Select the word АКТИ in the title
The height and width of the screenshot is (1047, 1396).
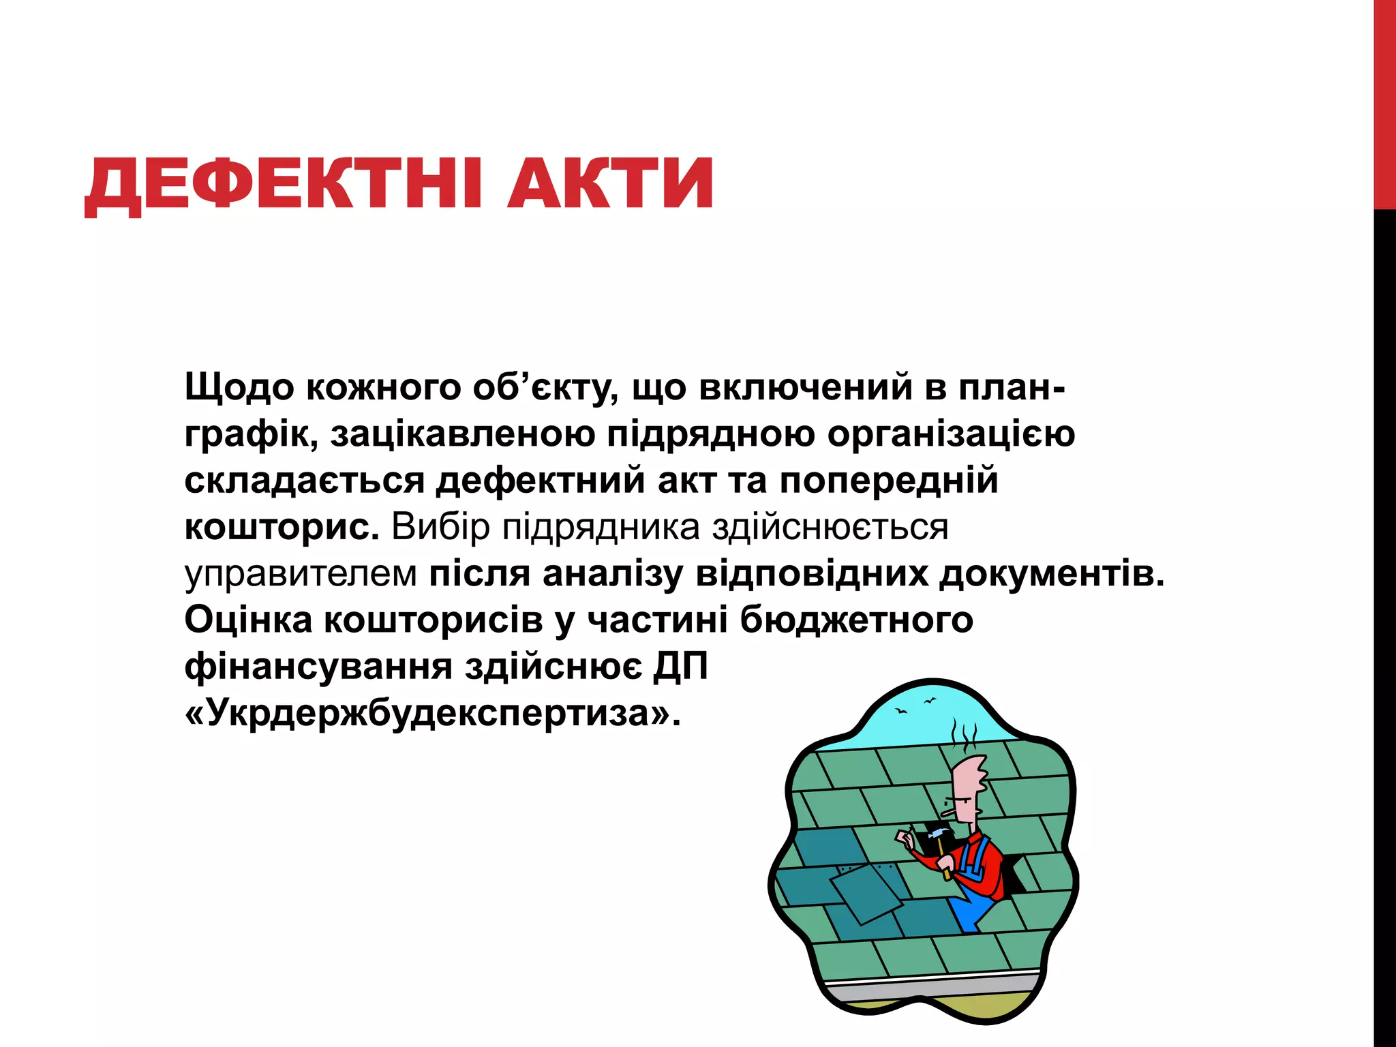coord(610,184)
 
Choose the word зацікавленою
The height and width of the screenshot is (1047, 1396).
coord(463,435)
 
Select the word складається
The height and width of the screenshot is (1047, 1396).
coord(304,481)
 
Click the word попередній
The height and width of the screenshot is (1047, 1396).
coord(889,481)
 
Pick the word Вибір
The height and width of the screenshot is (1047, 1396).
coord(440,527)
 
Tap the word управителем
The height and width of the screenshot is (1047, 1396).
coord(301,574)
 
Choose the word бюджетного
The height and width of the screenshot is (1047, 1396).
coord(856,621)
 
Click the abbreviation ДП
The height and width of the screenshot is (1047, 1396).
coord(681,666)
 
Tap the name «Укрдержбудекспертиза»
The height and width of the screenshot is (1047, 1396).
coord(432,714)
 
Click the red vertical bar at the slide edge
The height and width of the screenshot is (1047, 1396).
coord(1384,102)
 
